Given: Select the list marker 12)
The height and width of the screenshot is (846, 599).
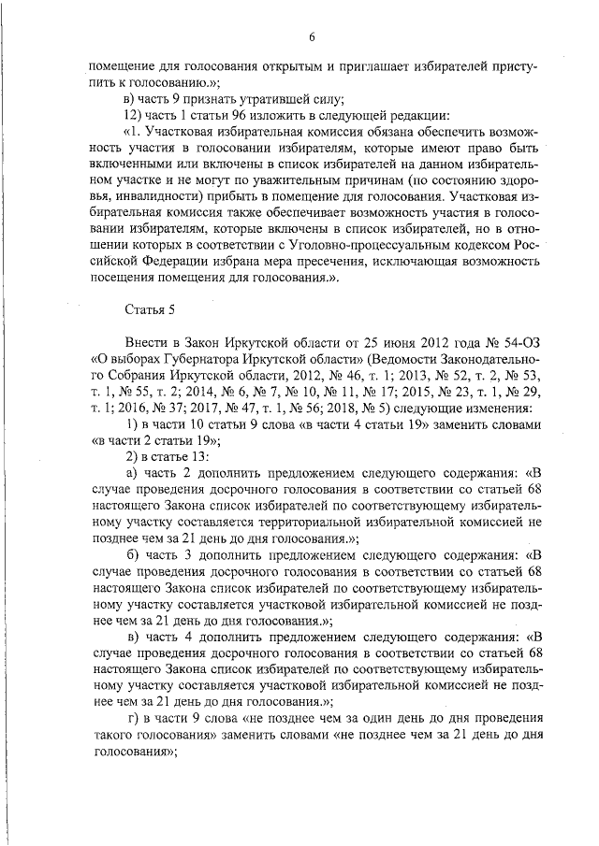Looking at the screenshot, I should [x=136, y=115].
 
